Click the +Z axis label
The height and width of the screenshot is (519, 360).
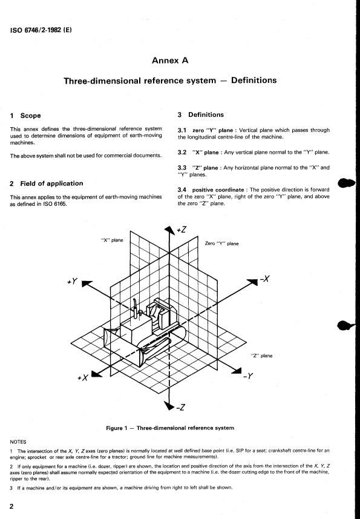coord(182,230)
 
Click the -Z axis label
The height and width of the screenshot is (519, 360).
coord(180,407)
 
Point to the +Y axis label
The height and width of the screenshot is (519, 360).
coord(73,282)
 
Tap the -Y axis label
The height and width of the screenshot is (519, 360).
coord(248,376)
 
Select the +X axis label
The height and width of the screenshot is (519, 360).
coord(83,377)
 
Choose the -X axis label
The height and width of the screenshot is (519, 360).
coord(265,279)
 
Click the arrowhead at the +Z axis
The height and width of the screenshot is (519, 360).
coord(169,230)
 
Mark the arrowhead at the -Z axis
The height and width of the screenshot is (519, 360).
coord(169,406)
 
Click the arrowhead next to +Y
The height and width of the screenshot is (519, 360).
coord(87,284)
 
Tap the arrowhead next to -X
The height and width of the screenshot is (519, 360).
coord(252,282)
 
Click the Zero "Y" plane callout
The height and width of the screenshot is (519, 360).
coord(221,243)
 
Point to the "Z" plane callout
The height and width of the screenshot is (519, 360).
coord(262,355)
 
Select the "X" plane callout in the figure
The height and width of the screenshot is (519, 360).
coord(112,240)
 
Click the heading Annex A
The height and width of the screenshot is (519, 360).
coord(170,60)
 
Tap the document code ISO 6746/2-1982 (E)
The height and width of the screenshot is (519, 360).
coord(41,30)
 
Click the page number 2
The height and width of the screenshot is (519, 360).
coord(11,506)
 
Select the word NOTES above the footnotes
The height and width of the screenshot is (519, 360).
coord(18,442)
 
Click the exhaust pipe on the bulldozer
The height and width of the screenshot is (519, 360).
coord(135,308)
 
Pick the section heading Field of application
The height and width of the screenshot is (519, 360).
coord(51,183)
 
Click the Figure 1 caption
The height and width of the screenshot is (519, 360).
coord(170,428)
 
